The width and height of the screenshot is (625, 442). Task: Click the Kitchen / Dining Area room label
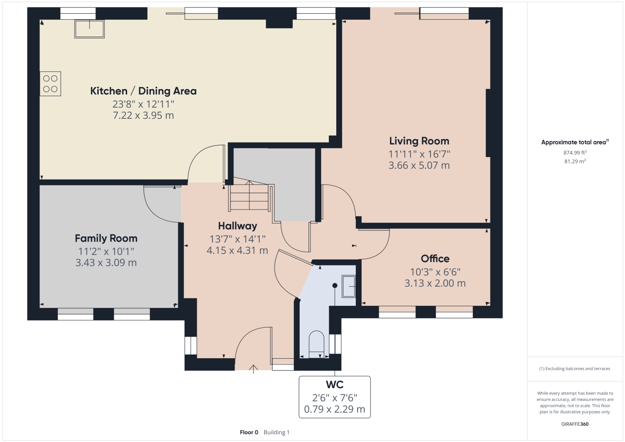click(x=143, y=91)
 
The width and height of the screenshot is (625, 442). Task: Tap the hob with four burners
click(x=50, y=84)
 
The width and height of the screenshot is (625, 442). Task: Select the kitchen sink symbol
click(x=89, y=29)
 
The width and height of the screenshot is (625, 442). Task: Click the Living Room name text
click(x=419, y=141)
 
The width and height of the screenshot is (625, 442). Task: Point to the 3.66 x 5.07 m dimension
click(x=419, y=165)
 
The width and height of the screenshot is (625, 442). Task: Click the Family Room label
click(x=106, y=238)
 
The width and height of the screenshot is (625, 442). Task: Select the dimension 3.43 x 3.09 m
click(x=106, y=263)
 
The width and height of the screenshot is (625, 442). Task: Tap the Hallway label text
click(x=237, y=226)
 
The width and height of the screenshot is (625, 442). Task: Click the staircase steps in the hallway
click(x=249, y=197)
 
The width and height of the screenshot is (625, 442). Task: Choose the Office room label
click(x=435, y=259)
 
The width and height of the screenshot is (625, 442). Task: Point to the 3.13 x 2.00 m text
click(x=435, y=283)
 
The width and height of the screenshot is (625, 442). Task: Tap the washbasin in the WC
click(x=348, y=286)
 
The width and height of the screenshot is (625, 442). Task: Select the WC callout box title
click(x=335, y=385)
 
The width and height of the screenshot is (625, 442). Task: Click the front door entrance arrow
click(x=253, y=369)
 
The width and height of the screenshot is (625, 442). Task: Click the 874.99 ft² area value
click(x=575, y=152)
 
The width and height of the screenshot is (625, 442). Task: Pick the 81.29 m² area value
click(x=575, y=161)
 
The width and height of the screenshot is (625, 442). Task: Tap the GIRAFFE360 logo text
click(x=575, y=424)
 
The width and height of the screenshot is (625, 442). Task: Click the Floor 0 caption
click(x=249, y=432)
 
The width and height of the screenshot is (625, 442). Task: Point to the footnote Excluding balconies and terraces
click(x=575, y=369)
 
